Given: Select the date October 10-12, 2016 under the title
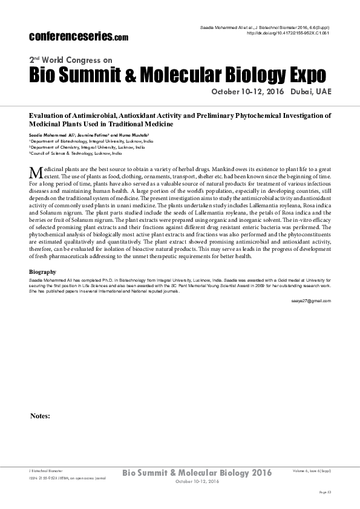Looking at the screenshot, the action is click(247, 92).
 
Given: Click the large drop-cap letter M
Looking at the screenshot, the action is click(36, 173).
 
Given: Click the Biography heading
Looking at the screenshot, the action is click(42, 272).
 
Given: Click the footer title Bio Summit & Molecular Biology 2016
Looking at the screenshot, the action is click(197, 472).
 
